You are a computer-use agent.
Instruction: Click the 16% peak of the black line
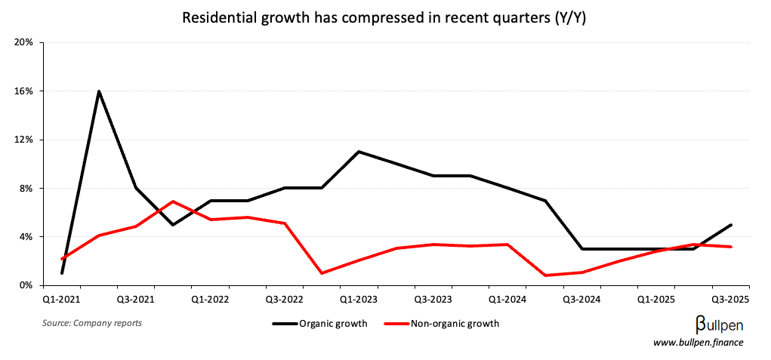pyautogui.click(x=99, y=91)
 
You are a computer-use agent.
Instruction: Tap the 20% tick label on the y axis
pyautogui.click(x=24, y=42)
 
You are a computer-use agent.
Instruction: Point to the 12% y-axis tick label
pyautogui.click(x=24, y=140)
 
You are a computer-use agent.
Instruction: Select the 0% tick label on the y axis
pyautogui.click(x=26, y=285)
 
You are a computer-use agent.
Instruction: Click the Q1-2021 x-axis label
pyautogui.click(x=61, y=299)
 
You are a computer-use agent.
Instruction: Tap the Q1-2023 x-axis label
pyautogui.click(x=359, y=299)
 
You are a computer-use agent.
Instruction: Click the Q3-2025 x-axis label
pyautogui.click(x=729, y=299)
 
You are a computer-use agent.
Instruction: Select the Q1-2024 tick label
pyautogui.click(x=507, y=299)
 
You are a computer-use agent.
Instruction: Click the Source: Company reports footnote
pyautogui.click(x=91, y=323)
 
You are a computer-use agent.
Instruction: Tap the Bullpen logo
pyautogui.click(x=718, y=325)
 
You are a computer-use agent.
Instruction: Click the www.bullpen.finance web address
pyautogui.click(x=698, y=343)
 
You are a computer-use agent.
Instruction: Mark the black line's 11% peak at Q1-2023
pyautogui.click(x=359, y=152)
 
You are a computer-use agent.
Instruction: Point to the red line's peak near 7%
pyautogui.click(x=173, y=202)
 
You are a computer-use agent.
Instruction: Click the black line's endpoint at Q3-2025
pyautogui.click(x=731, y=225)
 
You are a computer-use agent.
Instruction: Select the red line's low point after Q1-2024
pyautogui.click(x=544, y=275)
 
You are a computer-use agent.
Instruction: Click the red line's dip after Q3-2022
pyautogui.click(x=322, y=272)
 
